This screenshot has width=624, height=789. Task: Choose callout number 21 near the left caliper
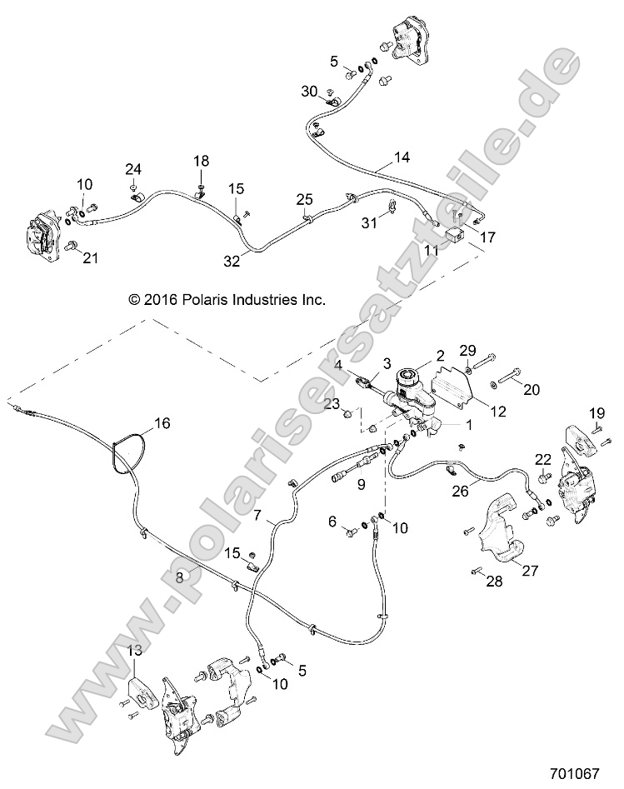pyautogui.click(x=89, y=258)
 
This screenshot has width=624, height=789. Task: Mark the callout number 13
pyautogui.click(x=134, y=652)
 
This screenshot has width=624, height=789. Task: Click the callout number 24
pyautogui.click(x=133, y=169)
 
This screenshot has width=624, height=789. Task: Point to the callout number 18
pyautogui.click(x=202, y=160)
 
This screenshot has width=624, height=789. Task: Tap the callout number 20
pyautogui.click(x=531, y=387)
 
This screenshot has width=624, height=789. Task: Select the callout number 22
pyautogui.click(x=542, y=459)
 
